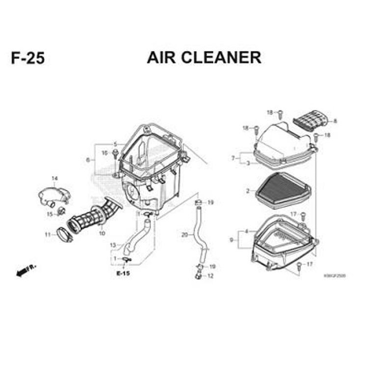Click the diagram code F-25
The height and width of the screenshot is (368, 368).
click(x=27, y=58)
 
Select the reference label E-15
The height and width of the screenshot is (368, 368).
click(x=123, y=273)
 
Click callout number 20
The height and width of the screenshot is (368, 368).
click(x=184, y=235)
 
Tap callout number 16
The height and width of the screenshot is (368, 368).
click(x=105, y=153)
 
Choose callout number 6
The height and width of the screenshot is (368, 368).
click(x=88, y=160)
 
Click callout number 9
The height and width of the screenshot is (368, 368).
click(x=231, y=240)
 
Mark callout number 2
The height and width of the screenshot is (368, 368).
click(x=248, y=191)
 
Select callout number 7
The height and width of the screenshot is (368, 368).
click(x=233, y=158)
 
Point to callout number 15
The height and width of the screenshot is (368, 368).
click(x=50, y=213)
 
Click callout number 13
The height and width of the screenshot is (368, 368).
click(x=113, y=245)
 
